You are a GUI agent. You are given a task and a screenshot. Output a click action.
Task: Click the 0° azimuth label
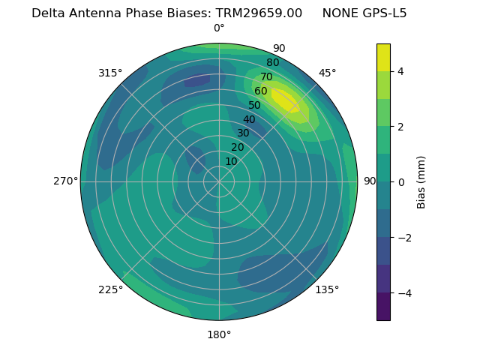(x=219, y=28)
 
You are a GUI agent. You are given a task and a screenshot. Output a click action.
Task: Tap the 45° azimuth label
(x=328, y=73)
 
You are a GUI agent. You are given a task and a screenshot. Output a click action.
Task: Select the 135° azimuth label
(x=327, y=289)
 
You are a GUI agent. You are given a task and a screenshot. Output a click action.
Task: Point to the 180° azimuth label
(x=219, y=334)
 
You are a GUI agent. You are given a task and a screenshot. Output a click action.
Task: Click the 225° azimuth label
(x=110, y=290)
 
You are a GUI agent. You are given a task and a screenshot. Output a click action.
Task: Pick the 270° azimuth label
(x=66, y=181)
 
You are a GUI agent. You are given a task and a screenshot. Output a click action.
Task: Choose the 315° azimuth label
(x=110, y=73)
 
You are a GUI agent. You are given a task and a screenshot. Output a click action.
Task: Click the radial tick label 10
(x=231, y=161)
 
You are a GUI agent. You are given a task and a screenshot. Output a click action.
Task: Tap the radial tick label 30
(x=243, y=133)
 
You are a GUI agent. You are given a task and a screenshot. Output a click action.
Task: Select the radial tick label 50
(x=255, y=106)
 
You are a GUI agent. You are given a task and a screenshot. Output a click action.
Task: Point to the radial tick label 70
(x=267, y=77)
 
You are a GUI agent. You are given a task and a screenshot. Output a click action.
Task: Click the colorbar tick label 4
(x=401, y=71)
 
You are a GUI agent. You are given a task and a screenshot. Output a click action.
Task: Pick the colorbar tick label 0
(x=401, y=182)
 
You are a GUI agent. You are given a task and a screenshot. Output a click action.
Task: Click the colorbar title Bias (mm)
(x=421, y=182)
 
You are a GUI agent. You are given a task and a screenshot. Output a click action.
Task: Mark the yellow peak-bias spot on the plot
(x=285, y=100)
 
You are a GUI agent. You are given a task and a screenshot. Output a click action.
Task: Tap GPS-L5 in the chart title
(x=381, y=13)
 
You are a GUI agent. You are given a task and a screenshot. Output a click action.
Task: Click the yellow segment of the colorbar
(x=383, y=58)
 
